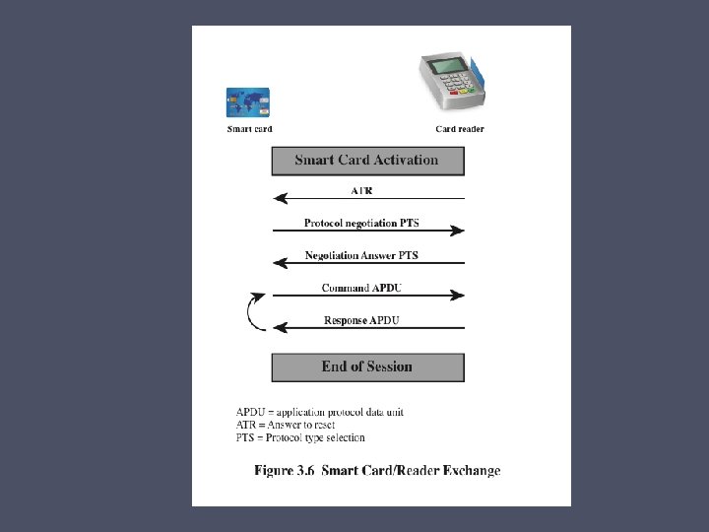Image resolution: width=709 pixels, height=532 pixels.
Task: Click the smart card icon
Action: tap(248, 102)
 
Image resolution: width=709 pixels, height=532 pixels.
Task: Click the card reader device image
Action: tap(452, 82)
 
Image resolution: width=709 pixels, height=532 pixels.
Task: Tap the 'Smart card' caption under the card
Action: tap(249, 129)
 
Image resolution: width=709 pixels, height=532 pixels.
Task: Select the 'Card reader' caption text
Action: tap(460, 129)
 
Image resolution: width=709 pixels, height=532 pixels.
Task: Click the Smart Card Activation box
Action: tap(367, 161)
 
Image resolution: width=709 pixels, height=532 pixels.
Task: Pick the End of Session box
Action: tap(367, 367)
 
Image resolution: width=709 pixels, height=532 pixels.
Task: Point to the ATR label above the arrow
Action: tap(361, 190)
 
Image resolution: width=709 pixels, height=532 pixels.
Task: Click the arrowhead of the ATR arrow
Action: tap(281, 198)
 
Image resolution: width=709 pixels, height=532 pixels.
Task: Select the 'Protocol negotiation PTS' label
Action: tap(361, 223)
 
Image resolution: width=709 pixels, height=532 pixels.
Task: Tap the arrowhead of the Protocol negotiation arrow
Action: tap(457, 231)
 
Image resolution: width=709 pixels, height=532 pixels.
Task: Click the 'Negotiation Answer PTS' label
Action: tap(361, 255)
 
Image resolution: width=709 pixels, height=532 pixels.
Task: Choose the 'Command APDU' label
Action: tap(361, 288)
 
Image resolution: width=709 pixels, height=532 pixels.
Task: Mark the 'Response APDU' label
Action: tap(361, 321)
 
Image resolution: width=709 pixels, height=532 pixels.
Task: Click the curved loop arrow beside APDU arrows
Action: tap(249, 312)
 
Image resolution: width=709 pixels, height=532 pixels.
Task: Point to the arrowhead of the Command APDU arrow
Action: tap(457, 296)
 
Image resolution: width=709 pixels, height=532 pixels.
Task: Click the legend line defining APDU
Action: tap(320, 412)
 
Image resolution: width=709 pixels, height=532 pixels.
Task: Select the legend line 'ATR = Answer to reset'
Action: tap(286, 425)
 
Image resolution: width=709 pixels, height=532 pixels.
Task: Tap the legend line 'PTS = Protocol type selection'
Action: tap(300, 437)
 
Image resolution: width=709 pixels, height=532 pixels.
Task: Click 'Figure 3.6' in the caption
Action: tap(284, 471)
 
